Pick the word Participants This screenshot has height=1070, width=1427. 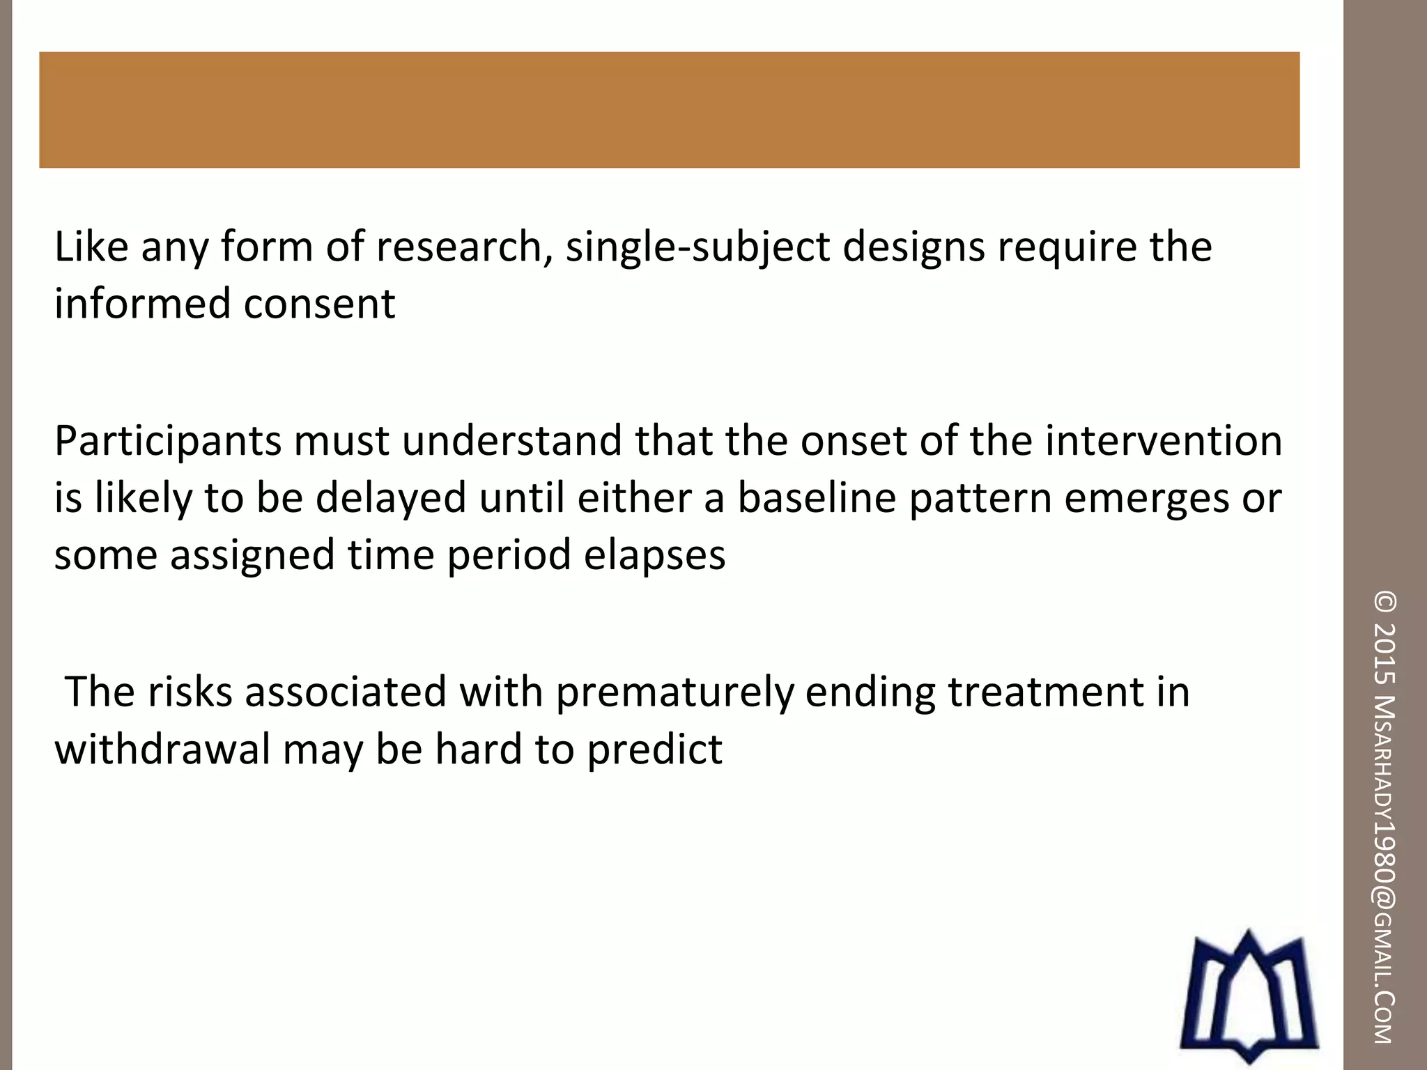coord(168,442)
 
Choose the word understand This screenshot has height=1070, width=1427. coord(511,441)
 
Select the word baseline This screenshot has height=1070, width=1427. coord(816,498)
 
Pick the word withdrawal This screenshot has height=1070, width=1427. coord(162,750)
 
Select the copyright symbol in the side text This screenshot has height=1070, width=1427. coord(1384,603)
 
